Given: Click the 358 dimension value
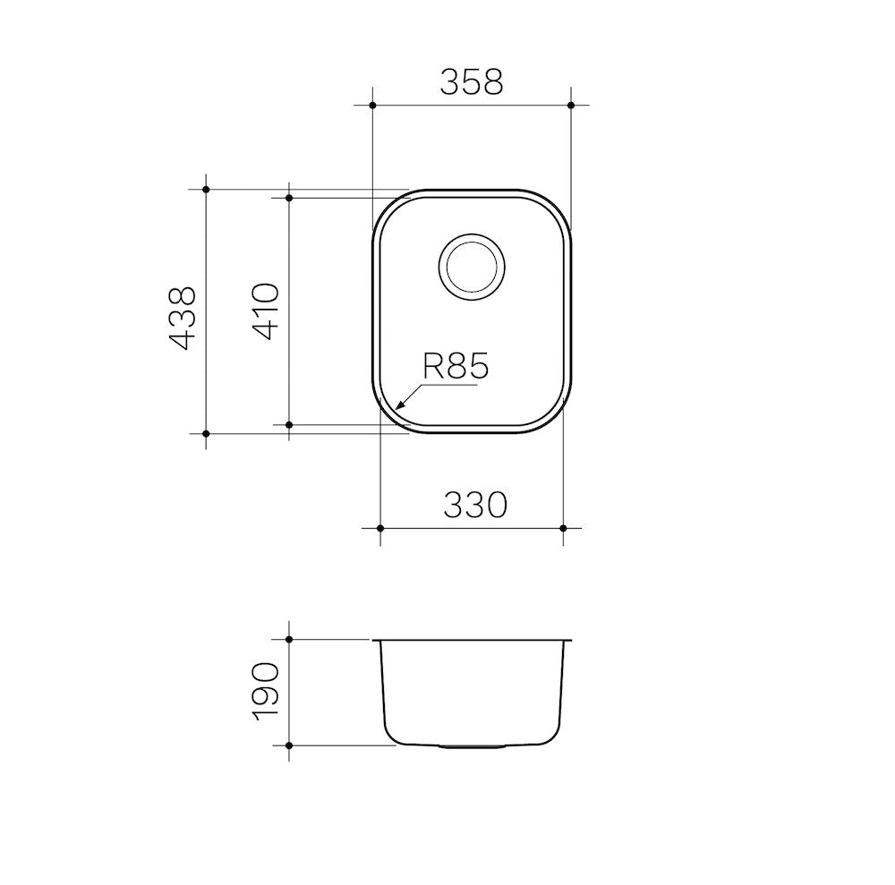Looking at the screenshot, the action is [x=472, y=82].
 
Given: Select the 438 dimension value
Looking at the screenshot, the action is [x=183, y=318].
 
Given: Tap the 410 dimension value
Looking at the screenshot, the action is [x=266, y=311].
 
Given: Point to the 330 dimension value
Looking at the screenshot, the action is [x=475, y=505].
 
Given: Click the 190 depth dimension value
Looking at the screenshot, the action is [x=266, y=692].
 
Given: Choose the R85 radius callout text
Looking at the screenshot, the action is [x=456, y=366].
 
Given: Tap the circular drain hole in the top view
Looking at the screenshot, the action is [x=472, y=267].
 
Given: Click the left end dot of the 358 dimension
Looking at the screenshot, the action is [x=372, y=105].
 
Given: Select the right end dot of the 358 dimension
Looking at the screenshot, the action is [x=571, y=105].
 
